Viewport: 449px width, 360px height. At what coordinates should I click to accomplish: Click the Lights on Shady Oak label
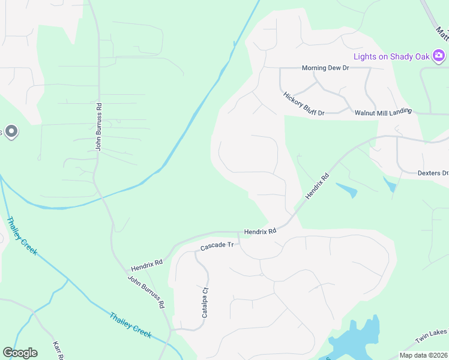pos(391,56)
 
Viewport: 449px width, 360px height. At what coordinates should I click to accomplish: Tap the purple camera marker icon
pos(439,56)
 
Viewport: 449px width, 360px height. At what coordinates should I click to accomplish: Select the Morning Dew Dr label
pos(325,68)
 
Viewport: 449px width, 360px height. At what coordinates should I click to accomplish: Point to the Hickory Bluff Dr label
pos(304,104)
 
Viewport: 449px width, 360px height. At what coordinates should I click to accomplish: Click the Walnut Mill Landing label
pos(383,112)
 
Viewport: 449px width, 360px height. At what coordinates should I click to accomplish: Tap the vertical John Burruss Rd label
pos(99,126)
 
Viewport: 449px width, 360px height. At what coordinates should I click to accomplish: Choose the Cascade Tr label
pos(216,247)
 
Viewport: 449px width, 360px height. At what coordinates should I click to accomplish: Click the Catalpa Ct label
pos(205,303)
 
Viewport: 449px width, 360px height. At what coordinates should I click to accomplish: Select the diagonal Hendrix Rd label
pos(318,187)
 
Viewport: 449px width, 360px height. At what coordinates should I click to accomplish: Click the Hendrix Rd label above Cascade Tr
pos(260,231)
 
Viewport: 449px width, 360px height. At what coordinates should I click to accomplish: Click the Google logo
pos(20,353)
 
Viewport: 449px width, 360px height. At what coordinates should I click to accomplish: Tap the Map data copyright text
pos(423,355)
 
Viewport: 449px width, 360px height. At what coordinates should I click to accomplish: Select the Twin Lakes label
pos(432,340)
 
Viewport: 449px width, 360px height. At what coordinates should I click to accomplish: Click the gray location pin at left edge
pos(10,131)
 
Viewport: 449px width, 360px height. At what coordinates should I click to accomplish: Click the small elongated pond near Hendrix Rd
pos(347,190)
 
